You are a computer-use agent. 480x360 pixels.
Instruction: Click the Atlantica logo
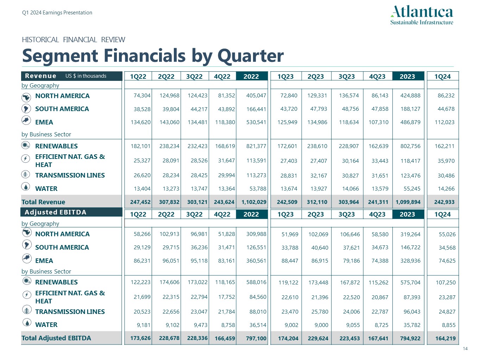(x=422, y=15)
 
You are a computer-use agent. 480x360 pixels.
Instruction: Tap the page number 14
(x=465, y=349)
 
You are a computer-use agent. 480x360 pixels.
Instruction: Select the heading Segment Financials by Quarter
(x=153, y=56)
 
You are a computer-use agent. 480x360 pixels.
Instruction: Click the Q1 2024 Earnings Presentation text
(x=57, y=13)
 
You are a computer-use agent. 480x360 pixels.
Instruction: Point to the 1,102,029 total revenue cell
(x=254, y=202)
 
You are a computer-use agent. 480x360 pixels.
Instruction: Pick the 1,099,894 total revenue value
(x=408, y=202)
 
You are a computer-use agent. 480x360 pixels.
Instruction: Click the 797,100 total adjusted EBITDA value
(x=256, y=339)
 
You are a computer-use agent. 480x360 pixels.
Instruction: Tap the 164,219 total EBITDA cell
(x=445, y=339)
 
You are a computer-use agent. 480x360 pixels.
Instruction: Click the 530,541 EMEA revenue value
(x=256, y=122)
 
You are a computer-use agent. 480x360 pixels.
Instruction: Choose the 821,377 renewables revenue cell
(x=256, y=146)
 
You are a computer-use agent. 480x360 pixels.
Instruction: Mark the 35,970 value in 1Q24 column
(x=446, y=161)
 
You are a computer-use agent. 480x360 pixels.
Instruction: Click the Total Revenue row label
(x=43, y=202)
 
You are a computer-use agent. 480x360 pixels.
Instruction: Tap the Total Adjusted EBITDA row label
(x=56, y=338)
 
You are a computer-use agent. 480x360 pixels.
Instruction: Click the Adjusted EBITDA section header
(x=55, y=212)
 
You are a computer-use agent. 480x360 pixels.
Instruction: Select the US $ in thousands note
(x=86, y=76)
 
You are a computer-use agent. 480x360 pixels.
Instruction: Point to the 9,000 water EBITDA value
(x=321, y=325)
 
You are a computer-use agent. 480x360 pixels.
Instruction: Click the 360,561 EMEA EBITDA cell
(x=256, y=261)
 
